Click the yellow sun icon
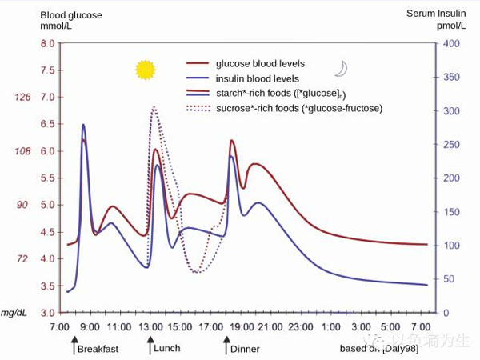click(145, 70)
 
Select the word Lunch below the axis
click(167, 349)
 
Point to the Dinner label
click(245, 350)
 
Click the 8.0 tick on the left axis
click(48, 44)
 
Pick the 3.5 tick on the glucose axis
click(48, 286)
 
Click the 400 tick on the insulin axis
click(451, 44)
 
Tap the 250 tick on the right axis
click(451, 145)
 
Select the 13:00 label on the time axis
click(150, 327)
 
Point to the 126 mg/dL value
click(22, 98)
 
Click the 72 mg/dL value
click(23, 259)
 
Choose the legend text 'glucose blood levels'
click(260, 63)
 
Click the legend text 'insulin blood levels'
click(258, 78)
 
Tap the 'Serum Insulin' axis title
click(435, 14)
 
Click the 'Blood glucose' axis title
click(71, 14)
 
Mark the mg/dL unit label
click(15, 313)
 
